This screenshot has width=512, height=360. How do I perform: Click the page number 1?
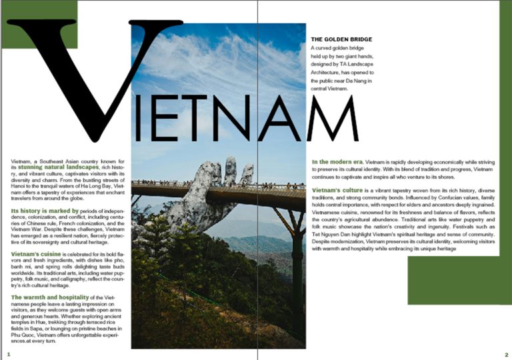click(9, 355)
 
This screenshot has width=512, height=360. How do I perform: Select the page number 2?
click(507, 355)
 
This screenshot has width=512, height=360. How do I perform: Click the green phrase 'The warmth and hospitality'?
click(50, 297)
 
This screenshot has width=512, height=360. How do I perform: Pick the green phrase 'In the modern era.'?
click(337, 162)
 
